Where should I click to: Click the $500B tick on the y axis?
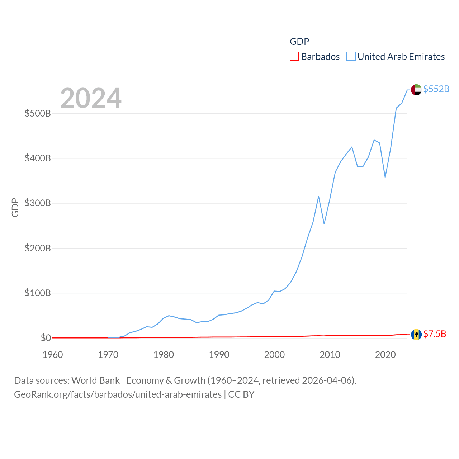pyautogui.click(x=38, y=114)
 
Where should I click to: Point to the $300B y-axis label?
pyautogui.click(x=38, y=203)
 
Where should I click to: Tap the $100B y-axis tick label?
pyautogui.click(x=38, y=293)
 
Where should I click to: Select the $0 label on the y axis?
pyautogui.click(x=46, y=338)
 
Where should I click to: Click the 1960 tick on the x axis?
pyautogui.click(x=53, y=355)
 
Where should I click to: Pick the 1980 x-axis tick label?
pyautogui.click(x=164, y=355)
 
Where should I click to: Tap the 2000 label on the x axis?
pyautogui.click(x=274, y=355)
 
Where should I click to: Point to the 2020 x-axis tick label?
pyautogui.click(x=385, y=355)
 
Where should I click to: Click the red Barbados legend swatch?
pyautogui.click(x=294, y=57)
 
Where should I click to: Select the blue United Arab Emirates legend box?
pyautogui.click(x=351, y=57)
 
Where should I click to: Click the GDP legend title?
pyautogui.click(x=299, y=42)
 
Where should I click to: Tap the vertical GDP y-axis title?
pyautogui.click(x=15, y=207)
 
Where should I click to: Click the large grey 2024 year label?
pyautogui.click(x=91, y=98)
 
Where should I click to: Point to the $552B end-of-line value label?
pyautogui.click(x=436, y=89)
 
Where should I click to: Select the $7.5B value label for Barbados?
pyautogui.click(x=435, y=334)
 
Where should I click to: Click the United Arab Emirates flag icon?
pyautogui.click(x=416, y=90)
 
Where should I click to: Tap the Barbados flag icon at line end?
pyautogui.click(x=416, y=335)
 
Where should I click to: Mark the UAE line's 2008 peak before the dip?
pyautogui.click(x=318, y=197)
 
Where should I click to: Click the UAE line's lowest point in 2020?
pyautogui.click(x=385, y=177)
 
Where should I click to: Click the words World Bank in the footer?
pyautogui.click(x=95, y=380)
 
